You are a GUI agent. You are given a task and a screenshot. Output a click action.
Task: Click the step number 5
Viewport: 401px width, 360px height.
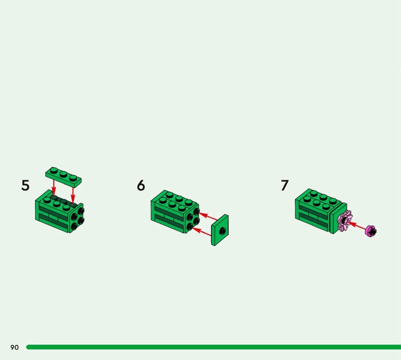(26, 185)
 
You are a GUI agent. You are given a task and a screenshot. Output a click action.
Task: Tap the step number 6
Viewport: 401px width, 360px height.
(141, 185)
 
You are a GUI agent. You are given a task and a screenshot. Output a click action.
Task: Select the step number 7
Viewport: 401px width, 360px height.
(285, 185)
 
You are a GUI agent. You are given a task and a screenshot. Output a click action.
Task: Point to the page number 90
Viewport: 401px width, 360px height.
(15, 347)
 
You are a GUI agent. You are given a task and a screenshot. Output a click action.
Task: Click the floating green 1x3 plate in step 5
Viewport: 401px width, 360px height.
(64, 176)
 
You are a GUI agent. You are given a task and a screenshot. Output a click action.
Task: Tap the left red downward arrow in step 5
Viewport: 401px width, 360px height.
(54, 187)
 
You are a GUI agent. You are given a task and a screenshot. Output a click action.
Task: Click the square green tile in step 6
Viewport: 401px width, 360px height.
(220, 230)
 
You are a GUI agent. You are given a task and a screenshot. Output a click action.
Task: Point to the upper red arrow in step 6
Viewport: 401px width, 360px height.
(208, 216)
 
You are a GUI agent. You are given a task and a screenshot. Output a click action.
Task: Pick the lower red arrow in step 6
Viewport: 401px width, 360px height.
(202, 231)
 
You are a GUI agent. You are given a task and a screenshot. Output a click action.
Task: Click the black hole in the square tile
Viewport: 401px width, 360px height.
(223, 231)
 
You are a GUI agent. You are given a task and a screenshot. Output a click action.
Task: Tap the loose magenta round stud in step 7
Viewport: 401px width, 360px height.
(370, 231)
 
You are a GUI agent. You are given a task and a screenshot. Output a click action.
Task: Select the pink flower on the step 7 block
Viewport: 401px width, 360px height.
(344, 220)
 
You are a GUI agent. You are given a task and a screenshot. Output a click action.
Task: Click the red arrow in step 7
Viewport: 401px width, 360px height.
(356, 226)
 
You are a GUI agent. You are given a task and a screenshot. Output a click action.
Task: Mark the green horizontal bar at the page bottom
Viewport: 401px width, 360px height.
(214, 347)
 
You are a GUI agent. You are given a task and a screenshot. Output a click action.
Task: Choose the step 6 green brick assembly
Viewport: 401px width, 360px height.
(175, 212)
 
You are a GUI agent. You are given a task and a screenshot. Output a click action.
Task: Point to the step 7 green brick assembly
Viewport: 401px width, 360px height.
(321, 211)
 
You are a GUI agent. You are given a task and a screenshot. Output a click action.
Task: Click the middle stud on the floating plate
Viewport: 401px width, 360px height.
(64, 174)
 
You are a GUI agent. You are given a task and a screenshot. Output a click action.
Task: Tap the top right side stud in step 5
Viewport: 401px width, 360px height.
(81, 211)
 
